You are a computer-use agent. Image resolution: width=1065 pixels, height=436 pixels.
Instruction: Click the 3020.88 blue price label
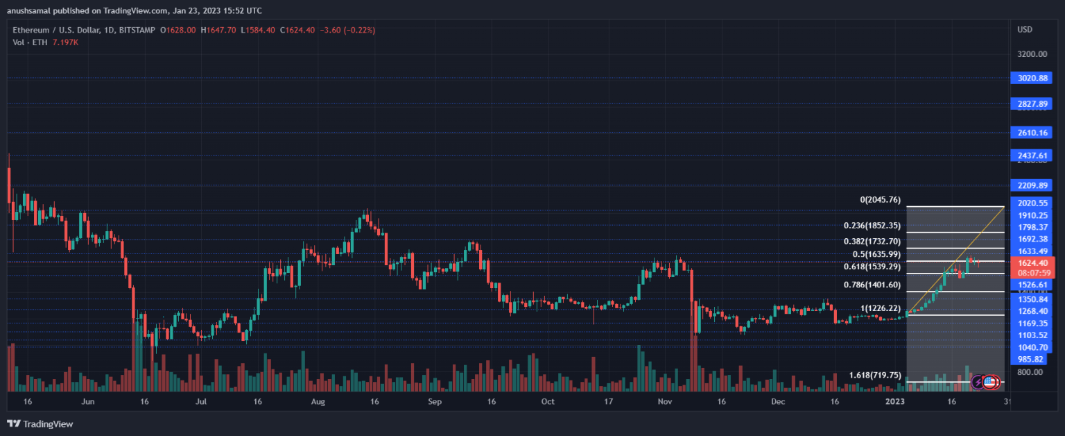(1032, 78)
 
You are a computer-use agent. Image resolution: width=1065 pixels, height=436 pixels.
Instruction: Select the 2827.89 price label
(1032, 103)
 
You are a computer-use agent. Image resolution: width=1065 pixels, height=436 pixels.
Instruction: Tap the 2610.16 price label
(1032, 132)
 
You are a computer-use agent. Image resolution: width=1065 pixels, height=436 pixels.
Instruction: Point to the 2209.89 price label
(1032, 186)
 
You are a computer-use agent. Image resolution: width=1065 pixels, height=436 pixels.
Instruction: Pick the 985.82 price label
(1030, 359)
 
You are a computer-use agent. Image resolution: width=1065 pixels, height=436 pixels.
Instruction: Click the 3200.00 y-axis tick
(1032, 53)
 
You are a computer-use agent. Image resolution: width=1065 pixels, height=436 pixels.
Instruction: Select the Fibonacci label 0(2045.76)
(880, 200)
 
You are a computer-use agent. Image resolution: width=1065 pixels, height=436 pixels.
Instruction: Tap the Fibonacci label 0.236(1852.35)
(872, 226)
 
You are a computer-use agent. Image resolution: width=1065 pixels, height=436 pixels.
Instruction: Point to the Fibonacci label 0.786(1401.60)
(872, 285)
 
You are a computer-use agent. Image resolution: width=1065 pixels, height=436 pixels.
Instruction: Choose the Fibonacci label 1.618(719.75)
(875, 375)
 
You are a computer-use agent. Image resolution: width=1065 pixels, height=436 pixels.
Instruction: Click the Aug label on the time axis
(318, 401)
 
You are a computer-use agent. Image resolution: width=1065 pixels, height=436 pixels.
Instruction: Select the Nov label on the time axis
(664, 401)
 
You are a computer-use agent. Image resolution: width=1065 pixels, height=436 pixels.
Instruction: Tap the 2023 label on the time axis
(894, 401)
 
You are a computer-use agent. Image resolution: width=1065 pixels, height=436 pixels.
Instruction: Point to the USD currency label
(1025, 30)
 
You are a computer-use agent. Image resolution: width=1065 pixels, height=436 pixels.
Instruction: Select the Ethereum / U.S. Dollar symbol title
(62, 30)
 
